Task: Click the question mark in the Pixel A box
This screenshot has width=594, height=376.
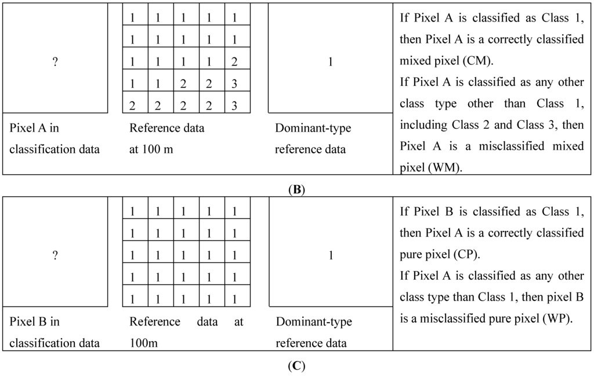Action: point(55,62)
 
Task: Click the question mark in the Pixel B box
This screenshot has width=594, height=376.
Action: point(55,256)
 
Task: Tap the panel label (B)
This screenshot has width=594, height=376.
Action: point(296,189)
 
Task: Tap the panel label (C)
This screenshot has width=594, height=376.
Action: point(296,367)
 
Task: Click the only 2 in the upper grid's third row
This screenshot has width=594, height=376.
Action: point(234,62)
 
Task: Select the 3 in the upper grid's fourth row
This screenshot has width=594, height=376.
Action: point(234,84)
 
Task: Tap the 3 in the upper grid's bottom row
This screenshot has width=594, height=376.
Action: point(234,106)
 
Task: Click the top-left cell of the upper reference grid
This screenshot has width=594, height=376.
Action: point(133,18)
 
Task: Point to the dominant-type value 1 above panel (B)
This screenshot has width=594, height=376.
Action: point(331,62)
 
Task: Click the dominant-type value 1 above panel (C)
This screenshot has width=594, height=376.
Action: point(331,256)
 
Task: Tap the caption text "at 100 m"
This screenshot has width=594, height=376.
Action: point(151,149)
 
